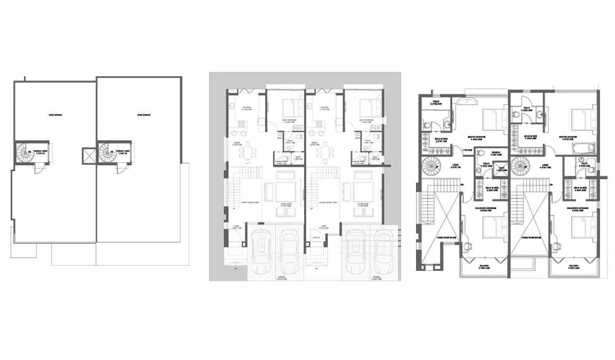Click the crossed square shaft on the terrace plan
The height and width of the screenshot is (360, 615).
pos(87,156)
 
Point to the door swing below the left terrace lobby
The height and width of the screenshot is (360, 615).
pos(39,168)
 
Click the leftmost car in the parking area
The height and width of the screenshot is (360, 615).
pos(261,251)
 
